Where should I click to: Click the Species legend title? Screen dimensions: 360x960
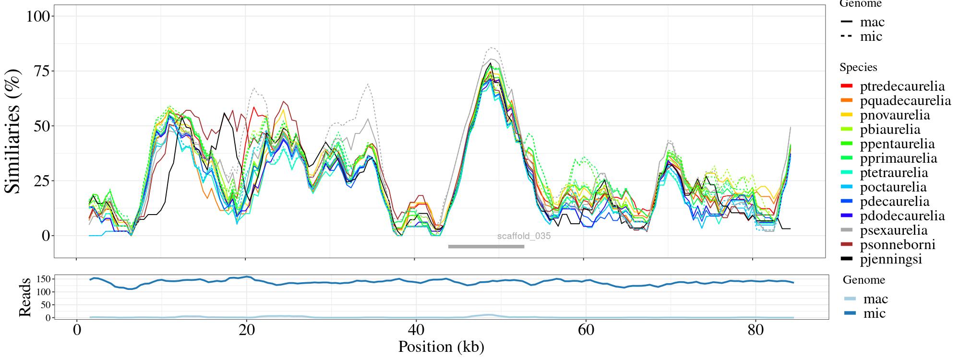pyautogui.click(x=858, y=67)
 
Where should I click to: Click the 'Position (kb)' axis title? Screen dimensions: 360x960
pyautogui.click(x=441, y=347)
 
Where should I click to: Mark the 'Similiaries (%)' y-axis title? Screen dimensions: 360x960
pyautogui.click(x=13, y=132)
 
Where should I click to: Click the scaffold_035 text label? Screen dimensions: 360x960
pyautogui.click(x=524, y=236)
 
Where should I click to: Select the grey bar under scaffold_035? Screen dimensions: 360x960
pyautogui.click(x=486, y=247)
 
